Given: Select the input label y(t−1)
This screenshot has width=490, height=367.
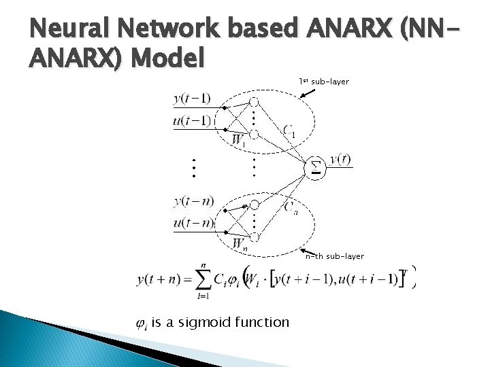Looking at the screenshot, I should click(x=192, y=99).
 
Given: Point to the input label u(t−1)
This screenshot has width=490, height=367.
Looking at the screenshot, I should click(x=192, y=120).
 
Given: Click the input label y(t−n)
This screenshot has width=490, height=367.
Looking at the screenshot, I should click(x=193, y=200).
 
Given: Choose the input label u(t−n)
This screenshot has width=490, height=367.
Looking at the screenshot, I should click(x=193, y=222).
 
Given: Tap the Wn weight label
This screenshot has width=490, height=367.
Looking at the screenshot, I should click(x=240, y=243).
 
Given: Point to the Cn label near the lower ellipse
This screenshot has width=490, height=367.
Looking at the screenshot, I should click(x=291, y=208).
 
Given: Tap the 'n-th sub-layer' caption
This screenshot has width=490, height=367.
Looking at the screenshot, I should click(x=334, y=256).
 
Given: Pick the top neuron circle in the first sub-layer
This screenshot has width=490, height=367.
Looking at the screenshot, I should click(x=253, y=101).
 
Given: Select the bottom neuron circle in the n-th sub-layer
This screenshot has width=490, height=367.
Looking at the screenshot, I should click(x=253, y=237).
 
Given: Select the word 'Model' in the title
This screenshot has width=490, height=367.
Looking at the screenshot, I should click(x=168, y=60).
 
